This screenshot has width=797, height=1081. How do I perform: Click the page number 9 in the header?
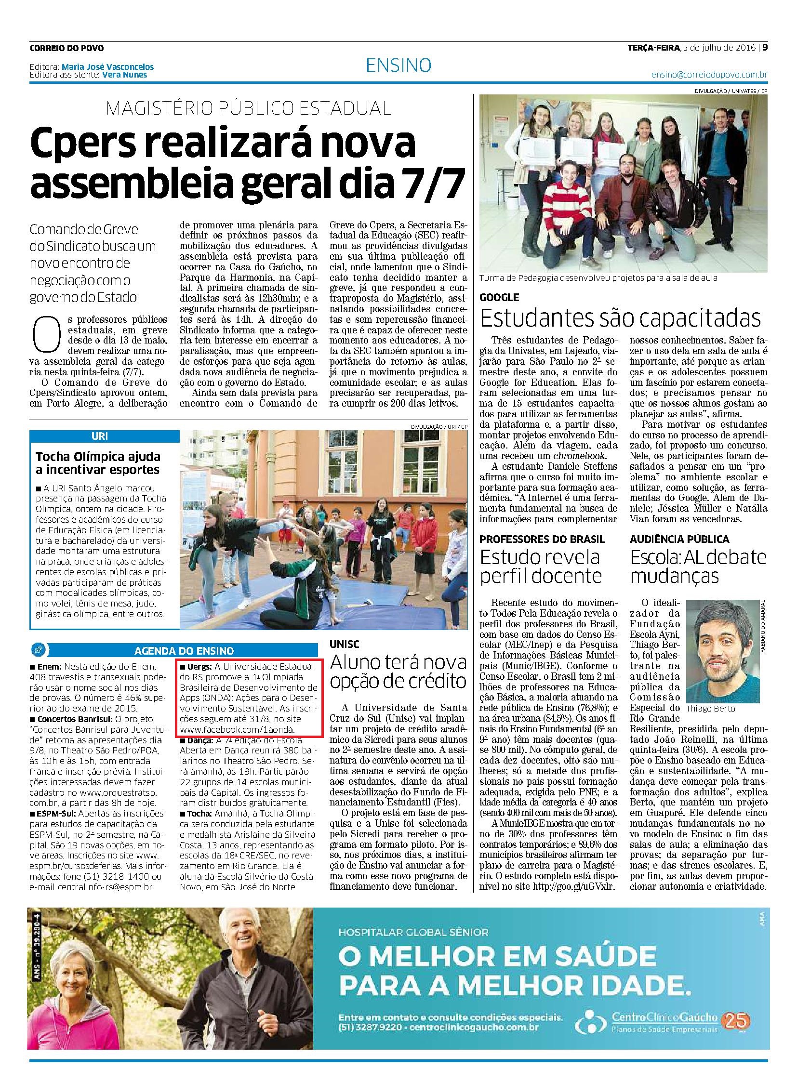coord(765,48)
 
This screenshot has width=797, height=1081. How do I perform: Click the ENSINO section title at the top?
coord(398,65)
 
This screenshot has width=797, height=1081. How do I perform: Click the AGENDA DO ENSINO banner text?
coord(184,650)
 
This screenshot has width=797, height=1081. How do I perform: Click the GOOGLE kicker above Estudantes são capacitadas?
coord(499,298)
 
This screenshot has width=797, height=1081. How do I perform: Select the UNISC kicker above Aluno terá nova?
coord(345,644)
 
